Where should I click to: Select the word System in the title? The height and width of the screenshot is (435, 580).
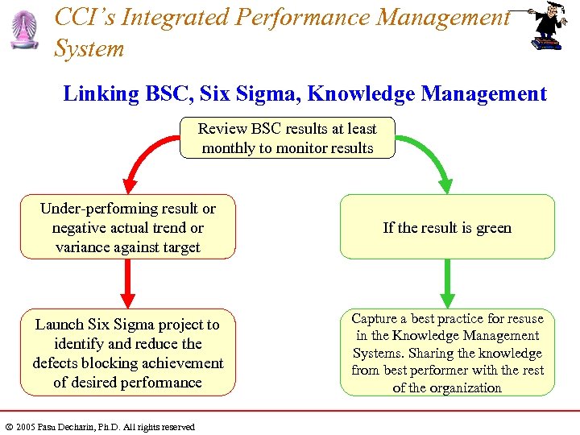click(89, 49)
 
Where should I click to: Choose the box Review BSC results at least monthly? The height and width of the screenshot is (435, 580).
click(288, 138)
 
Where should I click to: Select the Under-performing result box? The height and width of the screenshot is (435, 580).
click(128, 227)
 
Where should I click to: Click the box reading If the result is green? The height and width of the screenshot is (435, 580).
click(447, 227)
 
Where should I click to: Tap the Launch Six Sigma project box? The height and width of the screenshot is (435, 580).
click(128, 353)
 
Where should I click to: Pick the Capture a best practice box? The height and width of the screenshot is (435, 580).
click(447, 353)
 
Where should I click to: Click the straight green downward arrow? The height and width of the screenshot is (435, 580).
click(448, 282)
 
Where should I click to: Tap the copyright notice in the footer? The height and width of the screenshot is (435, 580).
click(99, 427)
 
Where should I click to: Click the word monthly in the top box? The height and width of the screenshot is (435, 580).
click(228, 148)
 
